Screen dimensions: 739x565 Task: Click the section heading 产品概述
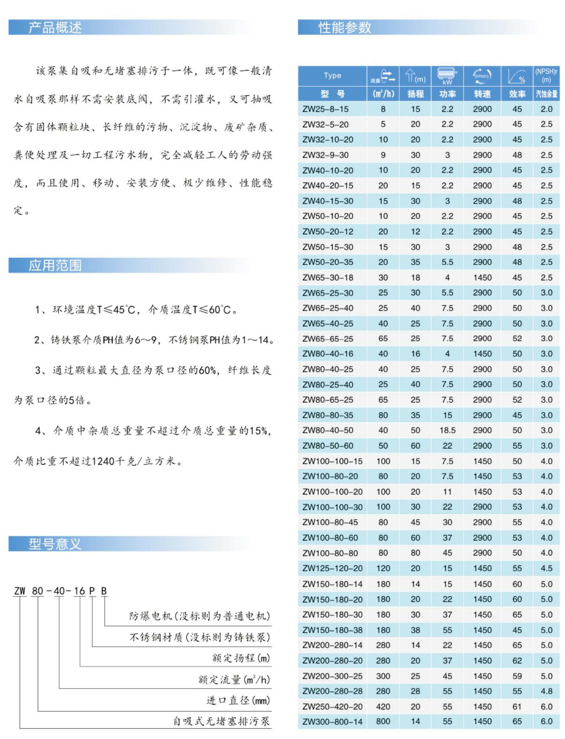[x=55, y=27]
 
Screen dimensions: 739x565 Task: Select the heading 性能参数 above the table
[x=344, y=27]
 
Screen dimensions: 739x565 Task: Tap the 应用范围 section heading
[x=55, y=265]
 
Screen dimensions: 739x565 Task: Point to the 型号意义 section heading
[x=55, y=544]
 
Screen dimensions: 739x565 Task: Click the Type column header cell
[x=332, y=76]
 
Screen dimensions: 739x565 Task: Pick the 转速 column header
[x=482, y=94]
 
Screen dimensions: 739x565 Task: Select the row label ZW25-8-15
[x=325, y=109]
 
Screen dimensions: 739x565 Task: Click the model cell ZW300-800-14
[x=332, y=721]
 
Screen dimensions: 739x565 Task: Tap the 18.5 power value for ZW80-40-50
[x=447, y=430]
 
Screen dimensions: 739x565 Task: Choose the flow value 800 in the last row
[x=383, y=721]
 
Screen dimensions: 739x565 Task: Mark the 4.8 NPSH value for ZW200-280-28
[x=546, y=691]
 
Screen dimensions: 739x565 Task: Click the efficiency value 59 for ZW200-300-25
[x=517, y=676]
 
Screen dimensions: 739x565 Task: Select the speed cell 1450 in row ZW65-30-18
[x=482, y=277]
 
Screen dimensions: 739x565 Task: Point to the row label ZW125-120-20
[x=332, y=568]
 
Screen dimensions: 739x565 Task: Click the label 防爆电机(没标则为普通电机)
[x=199, y=616]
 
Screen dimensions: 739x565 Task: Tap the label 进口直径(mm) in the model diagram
[x=238, y=700]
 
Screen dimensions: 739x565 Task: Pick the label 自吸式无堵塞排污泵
[x=221, y=721]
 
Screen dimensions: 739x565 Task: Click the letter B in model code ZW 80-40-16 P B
[x=104, y=591]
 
